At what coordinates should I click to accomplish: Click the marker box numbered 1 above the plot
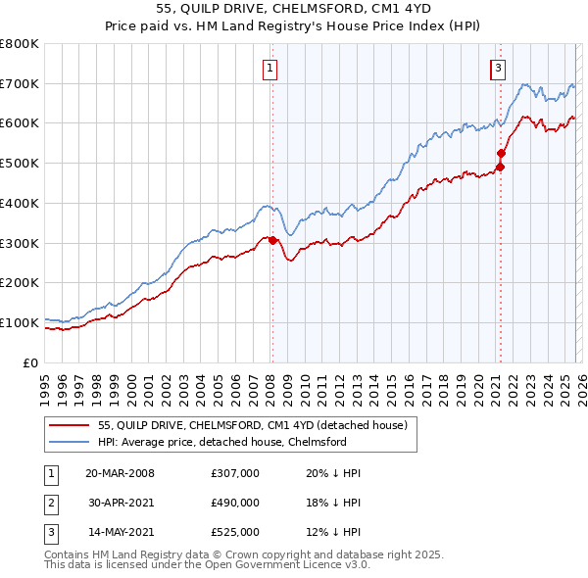pyautogui.click(x=269, y=68)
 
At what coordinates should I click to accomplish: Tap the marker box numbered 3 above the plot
pyautogui.click(x=498, y=68)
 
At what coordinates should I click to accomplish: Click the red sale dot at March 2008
pyautogui.click(x=272, y=240)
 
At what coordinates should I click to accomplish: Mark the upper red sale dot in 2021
pyautogui.click(x=501, y=153)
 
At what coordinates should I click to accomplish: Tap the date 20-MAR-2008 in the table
pyautogui.click(x=120, y=473)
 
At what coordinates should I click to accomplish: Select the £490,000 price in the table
pyautogui.click(x=234, y=503)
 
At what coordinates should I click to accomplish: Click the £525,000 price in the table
pyautogui.click(x=234, y=532)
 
